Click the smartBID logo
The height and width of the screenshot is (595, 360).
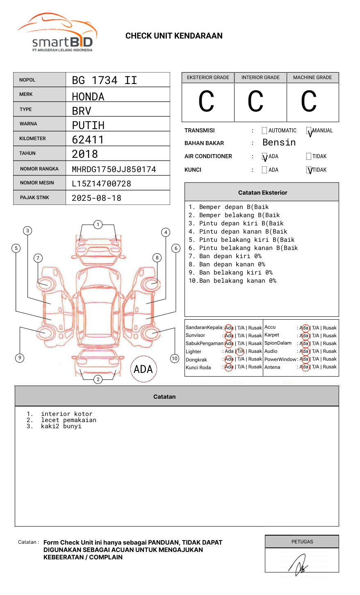coord(57,33)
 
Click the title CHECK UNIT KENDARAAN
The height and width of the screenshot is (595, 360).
coord(174,36)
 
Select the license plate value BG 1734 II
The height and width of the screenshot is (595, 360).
coord(104,80)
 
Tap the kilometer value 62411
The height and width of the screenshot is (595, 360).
coord(88,140)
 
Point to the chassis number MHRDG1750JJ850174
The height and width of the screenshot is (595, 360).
coord(114,169)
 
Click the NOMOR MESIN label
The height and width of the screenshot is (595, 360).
coord(37,183)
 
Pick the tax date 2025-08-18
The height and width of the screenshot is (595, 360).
coord(96,198)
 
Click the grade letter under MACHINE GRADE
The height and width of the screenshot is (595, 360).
coord(308,102)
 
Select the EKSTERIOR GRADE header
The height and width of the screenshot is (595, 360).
coord(208,77)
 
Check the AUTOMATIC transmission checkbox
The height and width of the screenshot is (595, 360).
coord(264,131)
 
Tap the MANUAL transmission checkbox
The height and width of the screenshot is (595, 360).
coord(309,131)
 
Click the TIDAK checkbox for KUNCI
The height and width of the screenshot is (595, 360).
coord(309,170)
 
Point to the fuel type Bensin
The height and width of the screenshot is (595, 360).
coord(279,143)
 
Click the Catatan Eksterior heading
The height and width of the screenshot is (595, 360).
coord(262,193)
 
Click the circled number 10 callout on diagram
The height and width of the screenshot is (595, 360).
coord(175,359)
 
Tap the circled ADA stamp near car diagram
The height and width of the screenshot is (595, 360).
coord(143,369)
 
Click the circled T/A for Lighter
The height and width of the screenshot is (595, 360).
coord(240,351)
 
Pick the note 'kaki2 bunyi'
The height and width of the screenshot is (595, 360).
coord(61,426)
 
